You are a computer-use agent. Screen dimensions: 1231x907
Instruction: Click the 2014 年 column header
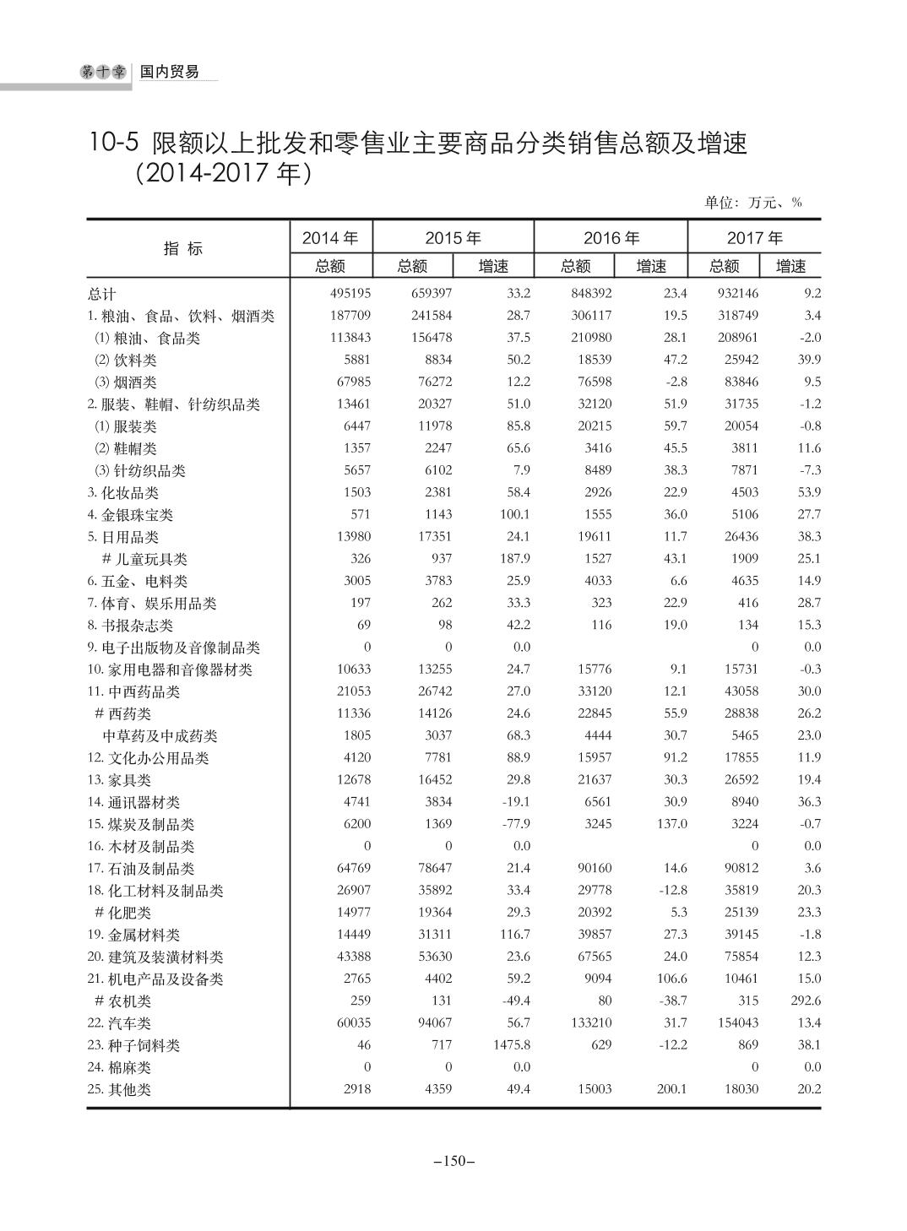pos(330,239)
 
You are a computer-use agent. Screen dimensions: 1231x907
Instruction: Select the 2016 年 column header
pos(611,239)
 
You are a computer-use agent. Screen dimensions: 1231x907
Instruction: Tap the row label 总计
pos(102,295)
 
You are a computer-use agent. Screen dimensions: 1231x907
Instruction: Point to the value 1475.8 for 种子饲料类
pos(511,1045)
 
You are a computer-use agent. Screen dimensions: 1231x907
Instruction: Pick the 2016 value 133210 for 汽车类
pos(590,1023)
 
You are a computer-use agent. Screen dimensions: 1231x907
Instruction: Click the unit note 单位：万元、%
pos(752,203)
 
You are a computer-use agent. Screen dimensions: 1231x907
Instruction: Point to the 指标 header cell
pos(183,249)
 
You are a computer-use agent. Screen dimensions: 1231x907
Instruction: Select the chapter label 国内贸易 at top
pos(169,73)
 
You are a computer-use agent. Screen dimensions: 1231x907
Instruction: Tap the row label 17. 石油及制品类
pos(141,869)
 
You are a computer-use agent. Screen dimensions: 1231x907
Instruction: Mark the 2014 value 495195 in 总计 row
pos(350,294)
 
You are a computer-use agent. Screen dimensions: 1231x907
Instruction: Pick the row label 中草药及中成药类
pos(160,736)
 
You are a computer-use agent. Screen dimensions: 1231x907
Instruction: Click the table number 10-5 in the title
pos(112,144)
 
